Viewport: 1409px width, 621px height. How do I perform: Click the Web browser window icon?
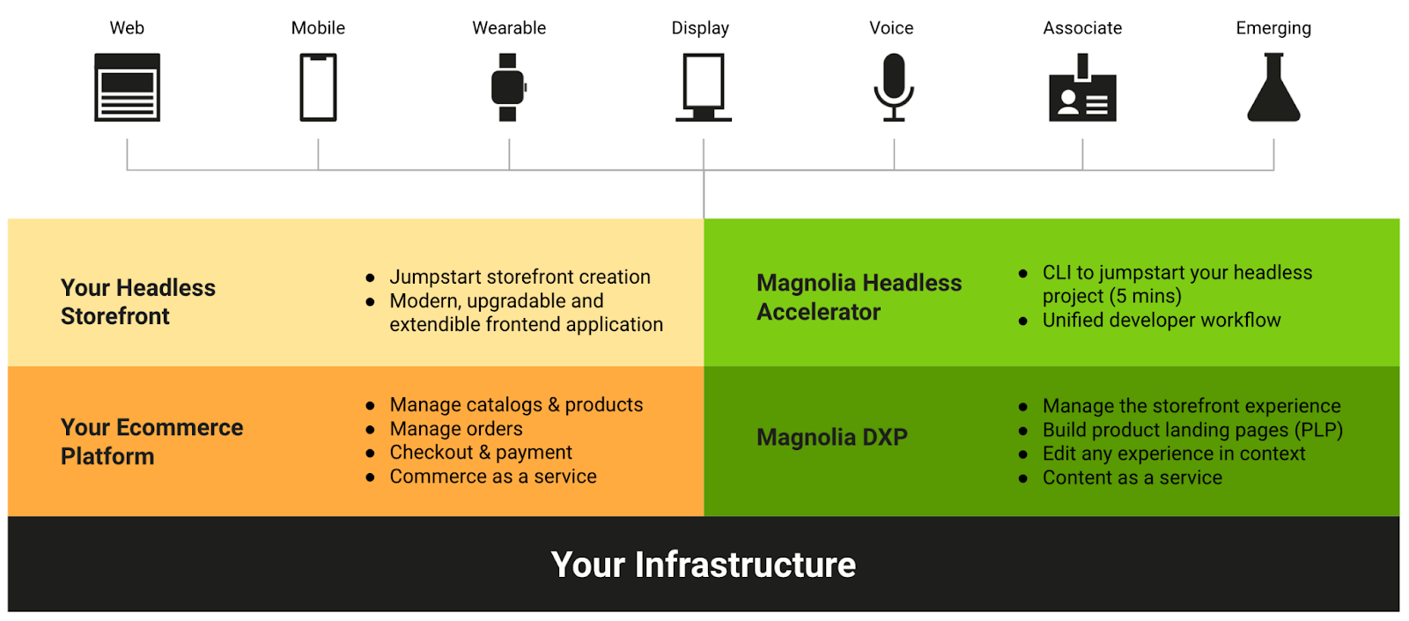(127, 87)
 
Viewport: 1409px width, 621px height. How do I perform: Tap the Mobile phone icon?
(318, 87)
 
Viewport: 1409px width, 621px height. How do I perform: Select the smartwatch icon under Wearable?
(508, 87)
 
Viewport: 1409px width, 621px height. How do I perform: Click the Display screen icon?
(703, 86)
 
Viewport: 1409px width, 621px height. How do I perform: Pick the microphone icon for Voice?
(893, 86)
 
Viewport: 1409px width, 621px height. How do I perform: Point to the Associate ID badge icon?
(1082, 89)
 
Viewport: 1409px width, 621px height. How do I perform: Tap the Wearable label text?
(509, 28)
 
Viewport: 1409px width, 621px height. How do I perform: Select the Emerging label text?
(1273, 28)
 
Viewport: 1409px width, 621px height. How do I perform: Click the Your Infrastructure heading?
(703, 565)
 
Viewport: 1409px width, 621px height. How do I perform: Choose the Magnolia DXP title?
(831, 438)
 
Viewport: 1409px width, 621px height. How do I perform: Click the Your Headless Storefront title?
(137, 302)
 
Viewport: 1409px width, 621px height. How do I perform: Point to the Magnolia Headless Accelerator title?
(859, 298)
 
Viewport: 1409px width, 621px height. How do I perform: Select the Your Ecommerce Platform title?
(151, 442)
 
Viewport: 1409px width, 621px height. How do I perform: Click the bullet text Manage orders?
(456, 429)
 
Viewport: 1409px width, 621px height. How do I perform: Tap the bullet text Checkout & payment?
(481, 453)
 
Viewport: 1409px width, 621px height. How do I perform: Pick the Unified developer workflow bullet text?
(1162, 321)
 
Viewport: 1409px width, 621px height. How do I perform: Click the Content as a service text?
(1132, 478)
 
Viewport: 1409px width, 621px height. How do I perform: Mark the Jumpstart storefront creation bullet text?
(520, 277)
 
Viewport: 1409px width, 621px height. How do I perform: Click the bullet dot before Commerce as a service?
(371, 477)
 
